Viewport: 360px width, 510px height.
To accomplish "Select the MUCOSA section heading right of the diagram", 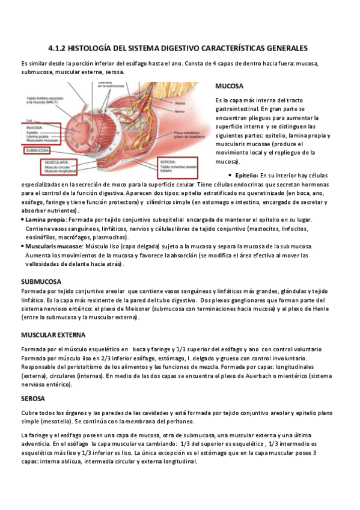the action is (x=229, y=86).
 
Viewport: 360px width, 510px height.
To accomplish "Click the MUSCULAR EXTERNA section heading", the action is (x=53, y=334).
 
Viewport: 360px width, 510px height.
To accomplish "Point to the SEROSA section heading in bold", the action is (x=34, y=398).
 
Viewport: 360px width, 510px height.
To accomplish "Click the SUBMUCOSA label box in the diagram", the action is (x=39, y=150).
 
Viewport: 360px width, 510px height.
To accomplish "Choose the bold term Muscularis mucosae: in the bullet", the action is (x=53, y=247).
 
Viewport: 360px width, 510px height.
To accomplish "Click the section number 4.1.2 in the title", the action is (x=59, y=48).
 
